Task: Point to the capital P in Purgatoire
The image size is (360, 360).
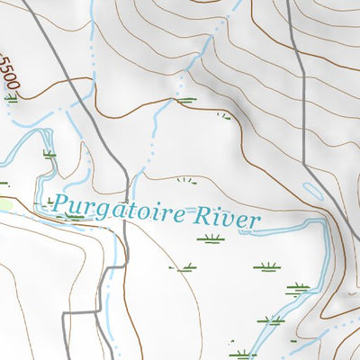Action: coord(59,204)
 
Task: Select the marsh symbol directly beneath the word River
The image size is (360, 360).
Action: coord(211,238)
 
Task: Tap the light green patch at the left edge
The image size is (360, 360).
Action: coord(4,205)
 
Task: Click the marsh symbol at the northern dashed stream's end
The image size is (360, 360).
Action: coord(186,100)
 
